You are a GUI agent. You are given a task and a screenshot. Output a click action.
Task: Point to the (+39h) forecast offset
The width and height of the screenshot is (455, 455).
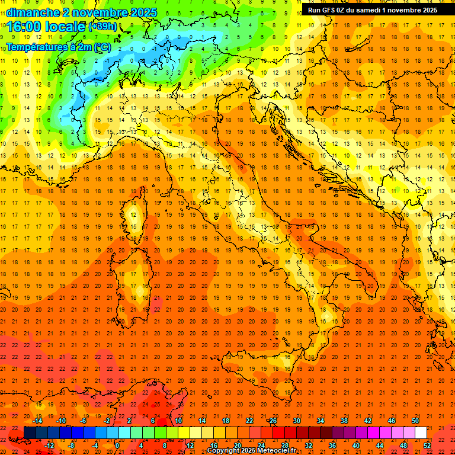point(102,27)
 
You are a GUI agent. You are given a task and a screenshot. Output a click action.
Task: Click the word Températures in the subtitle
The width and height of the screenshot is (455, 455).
point(36,47)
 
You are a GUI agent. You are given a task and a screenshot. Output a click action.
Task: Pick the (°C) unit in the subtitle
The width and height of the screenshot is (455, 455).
point(101,47)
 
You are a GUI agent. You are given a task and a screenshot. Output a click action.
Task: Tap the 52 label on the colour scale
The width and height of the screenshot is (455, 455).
point(428,446)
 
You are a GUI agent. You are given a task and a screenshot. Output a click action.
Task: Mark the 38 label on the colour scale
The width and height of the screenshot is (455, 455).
point(344,421)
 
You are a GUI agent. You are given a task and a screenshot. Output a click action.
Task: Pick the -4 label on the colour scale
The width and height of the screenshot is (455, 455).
point(95,446)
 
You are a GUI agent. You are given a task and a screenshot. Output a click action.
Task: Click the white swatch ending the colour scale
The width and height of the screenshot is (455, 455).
point(421,433)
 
